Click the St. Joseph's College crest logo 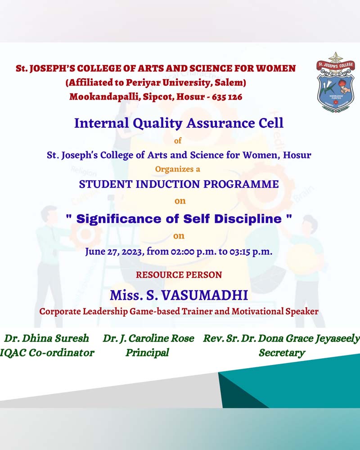(x=336, y=82)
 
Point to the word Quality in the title (x=157, y=124)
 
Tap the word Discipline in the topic (x=248, y=219)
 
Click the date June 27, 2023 (x=114, y=252)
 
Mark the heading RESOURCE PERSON (x=179, y=274)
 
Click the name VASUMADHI (x=205, y=295)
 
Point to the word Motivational (x=258, y=311)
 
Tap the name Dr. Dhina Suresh (x=46, y=338)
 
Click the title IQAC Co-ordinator (x=47, y=353)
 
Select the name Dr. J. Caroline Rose (x=148, y=339)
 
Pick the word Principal (x=147, y=353)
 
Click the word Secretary (x=282, y=353)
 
